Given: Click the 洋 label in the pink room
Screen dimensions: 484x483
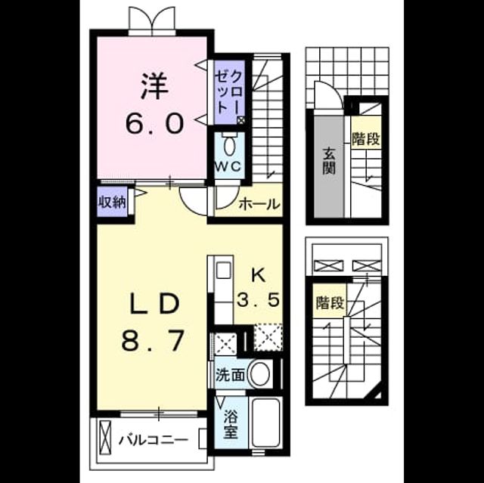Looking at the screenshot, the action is (154, 86).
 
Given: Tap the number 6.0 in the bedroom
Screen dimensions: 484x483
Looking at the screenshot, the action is (154, 123).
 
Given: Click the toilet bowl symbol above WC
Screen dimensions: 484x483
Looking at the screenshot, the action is (228, 147).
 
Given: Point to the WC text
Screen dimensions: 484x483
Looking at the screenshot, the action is (228, 167).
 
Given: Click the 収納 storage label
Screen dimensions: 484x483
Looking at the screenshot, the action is (112, 203).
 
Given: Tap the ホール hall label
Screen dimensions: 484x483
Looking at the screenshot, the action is (259, 204).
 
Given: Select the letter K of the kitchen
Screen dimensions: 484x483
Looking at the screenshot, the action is (259, 275).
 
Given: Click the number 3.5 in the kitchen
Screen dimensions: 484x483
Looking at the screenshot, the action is (259, 300).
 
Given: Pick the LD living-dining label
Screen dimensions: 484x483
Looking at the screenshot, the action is (154, 304).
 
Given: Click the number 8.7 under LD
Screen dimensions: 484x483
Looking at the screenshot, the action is (153, 341).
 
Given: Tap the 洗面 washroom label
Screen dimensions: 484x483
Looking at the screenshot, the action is (230, 375).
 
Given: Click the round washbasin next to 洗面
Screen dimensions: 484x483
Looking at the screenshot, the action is (259, 374).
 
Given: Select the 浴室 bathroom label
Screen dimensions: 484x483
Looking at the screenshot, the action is (231, 424).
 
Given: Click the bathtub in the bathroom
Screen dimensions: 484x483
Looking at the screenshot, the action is (265, 423).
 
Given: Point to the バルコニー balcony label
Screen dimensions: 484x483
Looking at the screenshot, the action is (153, 440).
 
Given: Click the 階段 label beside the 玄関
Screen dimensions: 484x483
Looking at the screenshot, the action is (366, 139).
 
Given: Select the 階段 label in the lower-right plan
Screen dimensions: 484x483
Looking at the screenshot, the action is (330, 302).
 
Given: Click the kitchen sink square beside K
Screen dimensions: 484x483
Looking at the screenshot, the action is (223, 270).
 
